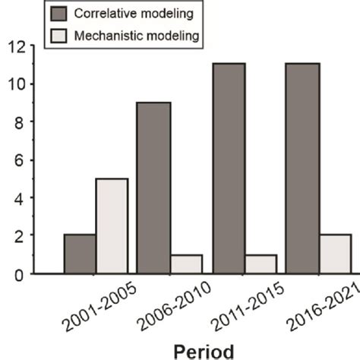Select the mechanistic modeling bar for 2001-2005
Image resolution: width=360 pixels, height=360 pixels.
click(x=112, y=226)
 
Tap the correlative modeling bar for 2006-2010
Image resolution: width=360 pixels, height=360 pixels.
click(x=153, y=188)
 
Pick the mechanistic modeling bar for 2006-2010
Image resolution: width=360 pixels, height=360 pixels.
click(x=186, y=264)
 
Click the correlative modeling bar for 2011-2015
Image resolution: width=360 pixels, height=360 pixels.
click(x=228, y=169)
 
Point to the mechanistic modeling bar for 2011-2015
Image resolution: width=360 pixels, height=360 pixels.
click(x=261, y=264)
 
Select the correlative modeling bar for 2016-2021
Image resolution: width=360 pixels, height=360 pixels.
click(x=302, y=169)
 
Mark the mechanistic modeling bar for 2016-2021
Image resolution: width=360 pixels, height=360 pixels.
click(x=335, y=254)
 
